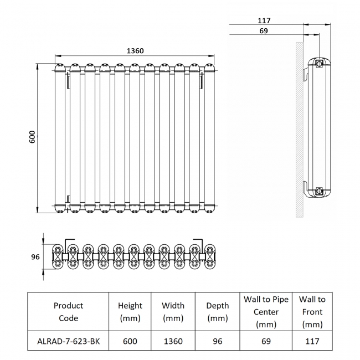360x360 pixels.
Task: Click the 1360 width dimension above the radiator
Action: (x=135, y=51)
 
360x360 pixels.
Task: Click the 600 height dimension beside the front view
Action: (x=32, y=137)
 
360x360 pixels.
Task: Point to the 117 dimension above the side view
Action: (x=264, y=20)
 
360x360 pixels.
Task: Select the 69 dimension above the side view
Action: (x=263, y=31)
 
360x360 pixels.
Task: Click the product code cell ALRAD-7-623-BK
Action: (x=69, y=341)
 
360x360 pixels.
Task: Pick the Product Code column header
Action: (x=69, y=312)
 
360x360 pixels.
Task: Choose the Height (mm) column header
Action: (x=130, y=312)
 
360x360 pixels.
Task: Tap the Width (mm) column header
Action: (x=173, y=312)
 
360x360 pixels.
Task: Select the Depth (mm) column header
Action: (x=217, y=312)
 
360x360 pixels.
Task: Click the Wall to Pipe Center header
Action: (x=266, y=312)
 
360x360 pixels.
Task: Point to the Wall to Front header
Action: (x=312, y=312)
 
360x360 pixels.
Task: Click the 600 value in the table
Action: (x=130, y=341)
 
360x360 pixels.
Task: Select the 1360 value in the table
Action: (x=173, y=341)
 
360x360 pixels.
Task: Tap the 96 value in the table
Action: (x=217, y=341)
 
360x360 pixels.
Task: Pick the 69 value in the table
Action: (x=266, y=341)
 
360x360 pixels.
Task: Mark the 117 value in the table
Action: (x=312, y=341)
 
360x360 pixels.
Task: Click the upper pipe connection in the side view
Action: (x=319, y=64)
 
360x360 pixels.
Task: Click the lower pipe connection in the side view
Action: (x=319, y=192)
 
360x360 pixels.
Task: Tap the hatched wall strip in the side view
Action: (x=299, y=127)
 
